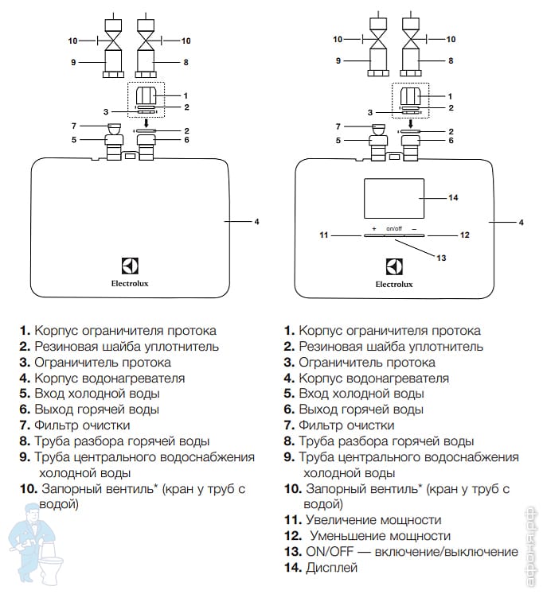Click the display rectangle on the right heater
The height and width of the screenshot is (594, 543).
(395, 197)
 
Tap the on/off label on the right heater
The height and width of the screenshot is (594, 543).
(394, 229)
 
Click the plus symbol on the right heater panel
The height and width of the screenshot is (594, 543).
(373, 229)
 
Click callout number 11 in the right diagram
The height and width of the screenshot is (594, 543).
(324, 235)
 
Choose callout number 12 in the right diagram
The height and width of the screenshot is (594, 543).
(465, 235)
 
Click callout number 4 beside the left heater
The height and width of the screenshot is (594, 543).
(256, 221)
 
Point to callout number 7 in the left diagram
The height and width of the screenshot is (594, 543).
(73, 126)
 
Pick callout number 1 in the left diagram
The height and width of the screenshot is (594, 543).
(186, 95)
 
